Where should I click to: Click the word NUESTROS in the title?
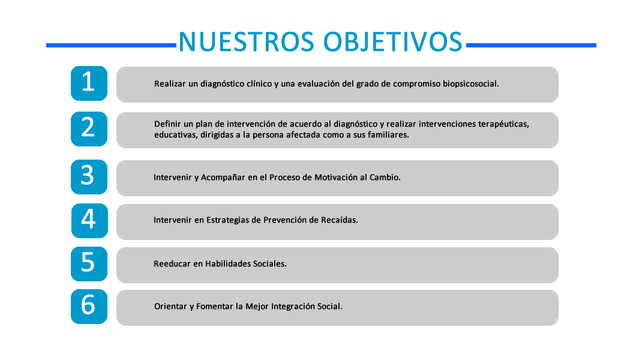tap(246, 42)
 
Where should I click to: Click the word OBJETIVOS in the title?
tap(394, 42)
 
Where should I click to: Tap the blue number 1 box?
tap(89, 83)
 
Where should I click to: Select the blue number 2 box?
tap(89, 129)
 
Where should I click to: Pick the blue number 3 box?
tap(89, 177)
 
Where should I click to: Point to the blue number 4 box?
tap(89, 221)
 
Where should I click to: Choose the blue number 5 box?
tap(89, 264)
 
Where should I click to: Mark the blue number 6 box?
tap(89, 307)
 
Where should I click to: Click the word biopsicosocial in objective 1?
tap(471, 84)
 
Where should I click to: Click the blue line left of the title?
tap(111, 46)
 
